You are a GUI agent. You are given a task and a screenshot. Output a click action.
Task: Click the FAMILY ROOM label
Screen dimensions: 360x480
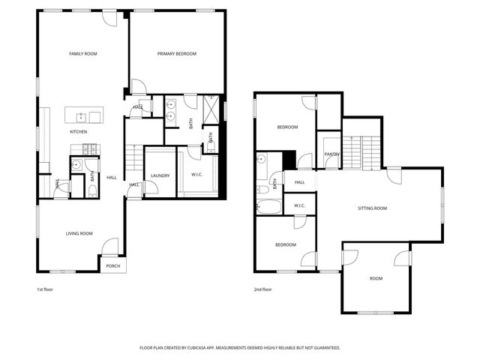83,54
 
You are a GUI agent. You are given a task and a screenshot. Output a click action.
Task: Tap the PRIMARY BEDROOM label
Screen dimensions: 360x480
177,54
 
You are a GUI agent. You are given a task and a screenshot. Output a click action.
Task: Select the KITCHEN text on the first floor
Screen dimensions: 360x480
79,132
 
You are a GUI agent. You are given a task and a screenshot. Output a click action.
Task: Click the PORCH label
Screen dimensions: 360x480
112,265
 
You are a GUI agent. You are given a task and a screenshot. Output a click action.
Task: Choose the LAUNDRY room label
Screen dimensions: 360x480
160,176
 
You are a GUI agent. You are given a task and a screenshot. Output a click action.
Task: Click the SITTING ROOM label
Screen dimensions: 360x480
372,208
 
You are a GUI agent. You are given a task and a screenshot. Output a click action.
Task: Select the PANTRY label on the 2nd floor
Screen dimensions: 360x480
331,154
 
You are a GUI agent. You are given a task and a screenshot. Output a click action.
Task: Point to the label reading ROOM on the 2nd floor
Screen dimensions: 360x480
376,278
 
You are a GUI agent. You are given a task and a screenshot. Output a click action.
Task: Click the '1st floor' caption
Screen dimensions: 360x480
45,289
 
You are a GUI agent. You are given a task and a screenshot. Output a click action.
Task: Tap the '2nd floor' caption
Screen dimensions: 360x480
262,289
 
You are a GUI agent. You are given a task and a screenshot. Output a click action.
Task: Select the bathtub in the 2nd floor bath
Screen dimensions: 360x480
268,206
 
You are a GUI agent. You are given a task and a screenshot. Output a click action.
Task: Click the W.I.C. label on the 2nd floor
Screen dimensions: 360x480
299,205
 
